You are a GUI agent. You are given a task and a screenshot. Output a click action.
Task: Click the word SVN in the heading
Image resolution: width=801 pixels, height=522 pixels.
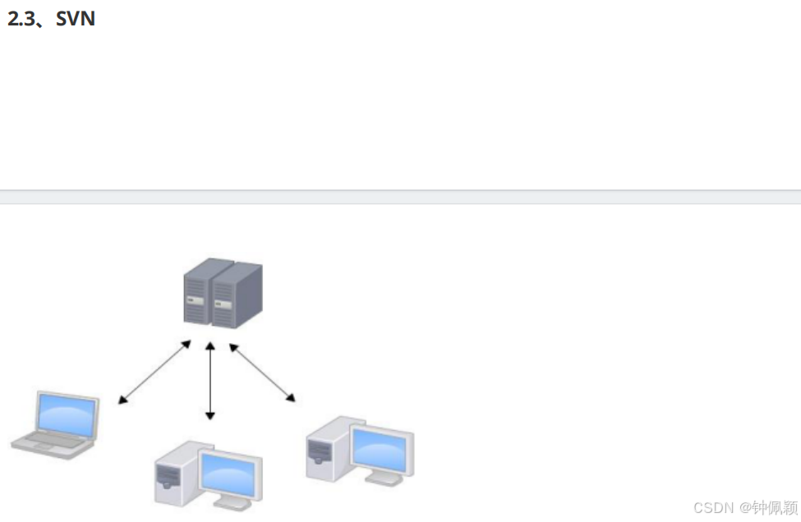click(76, 19)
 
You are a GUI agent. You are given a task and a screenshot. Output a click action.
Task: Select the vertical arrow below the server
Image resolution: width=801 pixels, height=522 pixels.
click(210, 381)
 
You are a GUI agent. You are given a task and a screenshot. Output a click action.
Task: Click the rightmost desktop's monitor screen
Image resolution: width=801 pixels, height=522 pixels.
click(379, 449)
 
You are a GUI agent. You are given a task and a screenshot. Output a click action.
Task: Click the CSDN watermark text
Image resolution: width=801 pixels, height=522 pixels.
click(713, 506)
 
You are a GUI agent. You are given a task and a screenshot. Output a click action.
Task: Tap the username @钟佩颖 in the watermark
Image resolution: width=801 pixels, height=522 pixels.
click(767, 506)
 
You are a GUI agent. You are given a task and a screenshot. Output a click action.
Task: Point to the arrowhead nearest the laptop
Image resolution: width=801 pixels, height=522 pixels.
click(122, 401)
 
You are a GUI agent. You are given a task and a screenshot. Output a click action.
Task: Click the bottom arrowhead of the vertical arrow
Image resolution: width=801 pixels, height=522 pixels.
click(210, 416)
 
